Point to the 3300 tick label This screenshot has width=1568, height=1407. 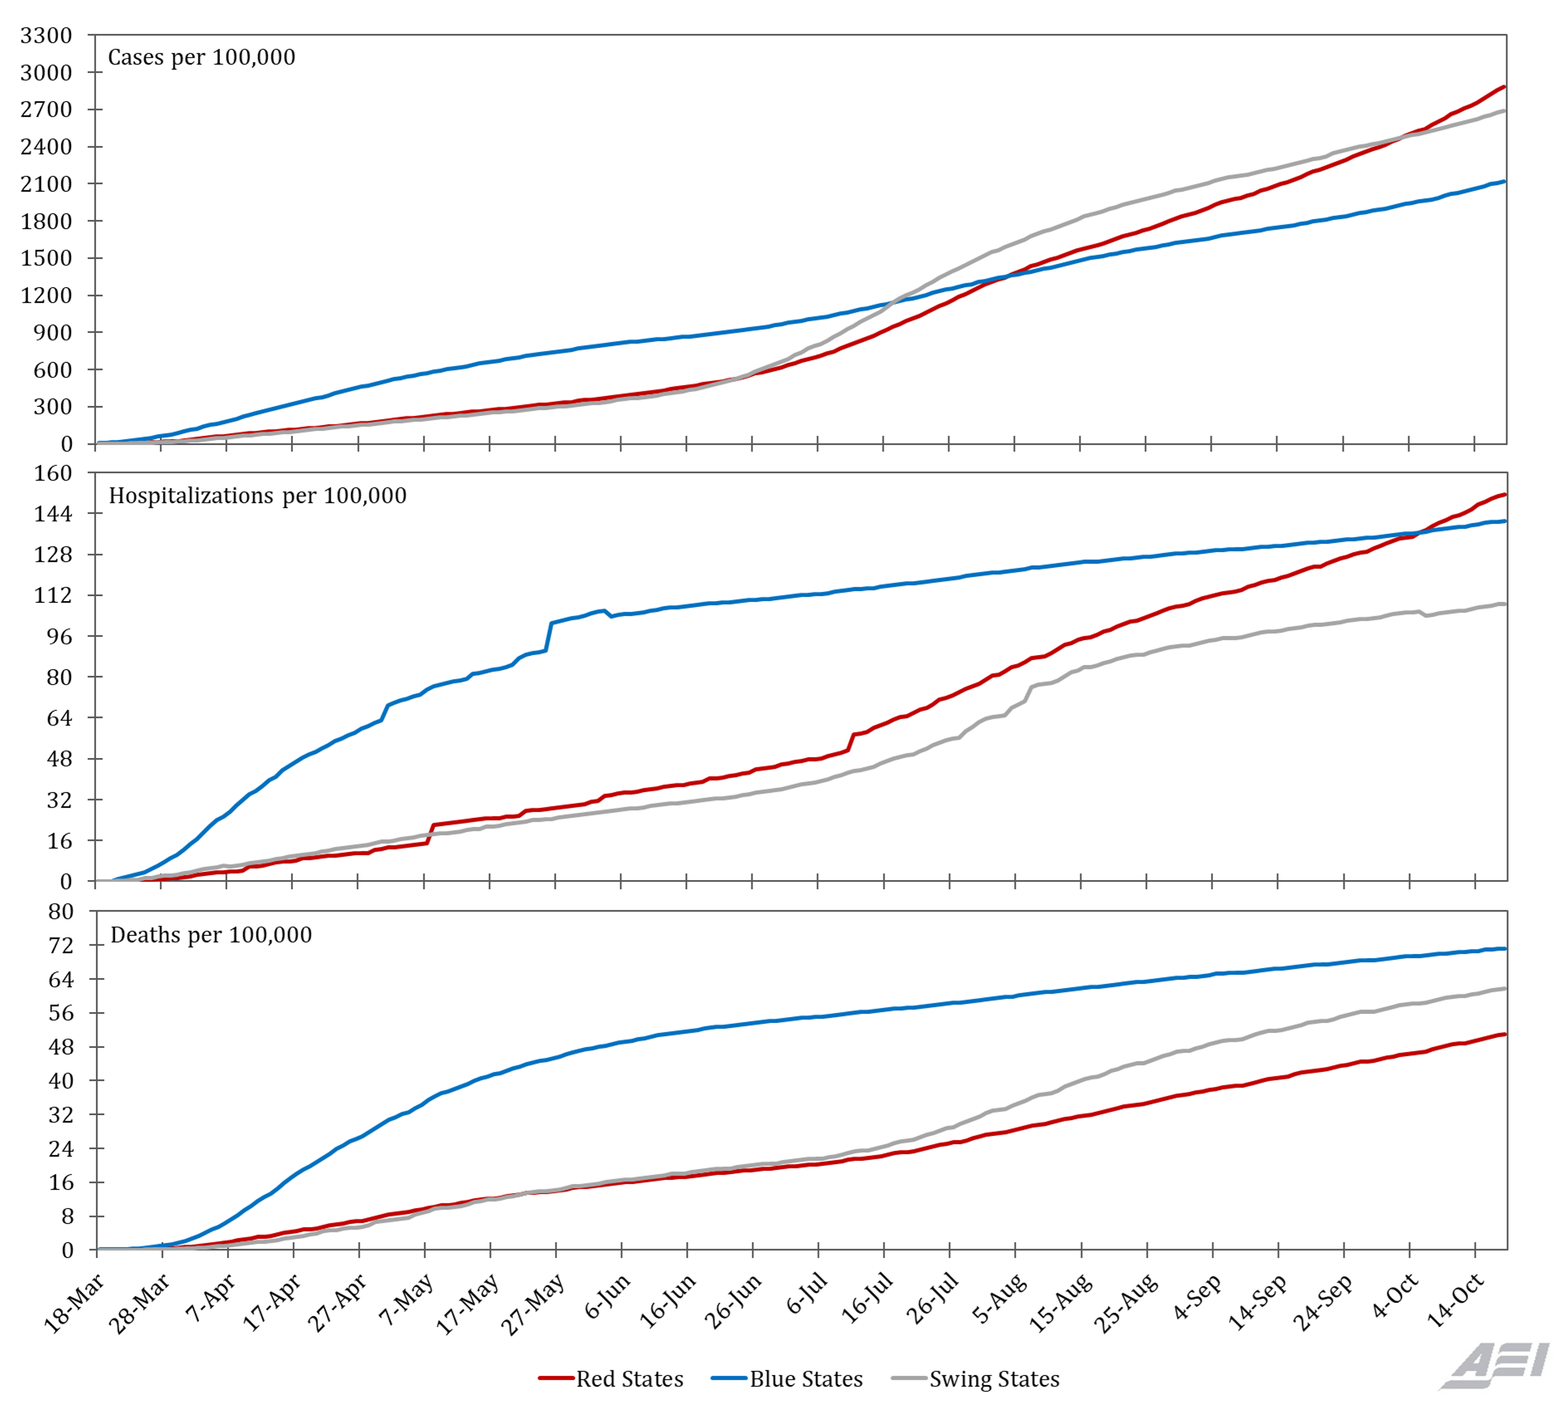46,35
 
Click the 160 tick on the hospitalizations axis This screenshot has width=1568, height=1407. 52,473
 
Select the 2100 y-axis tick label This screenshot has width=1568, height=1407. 46,184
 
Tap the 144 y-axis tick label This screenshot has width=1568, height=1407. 52,514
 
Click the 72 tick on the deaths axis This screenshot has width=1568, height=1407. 61,946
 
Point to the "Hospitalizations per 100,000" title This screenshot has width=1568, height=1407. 257,495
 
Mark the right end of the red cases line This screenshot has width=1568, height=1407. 1504,87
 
